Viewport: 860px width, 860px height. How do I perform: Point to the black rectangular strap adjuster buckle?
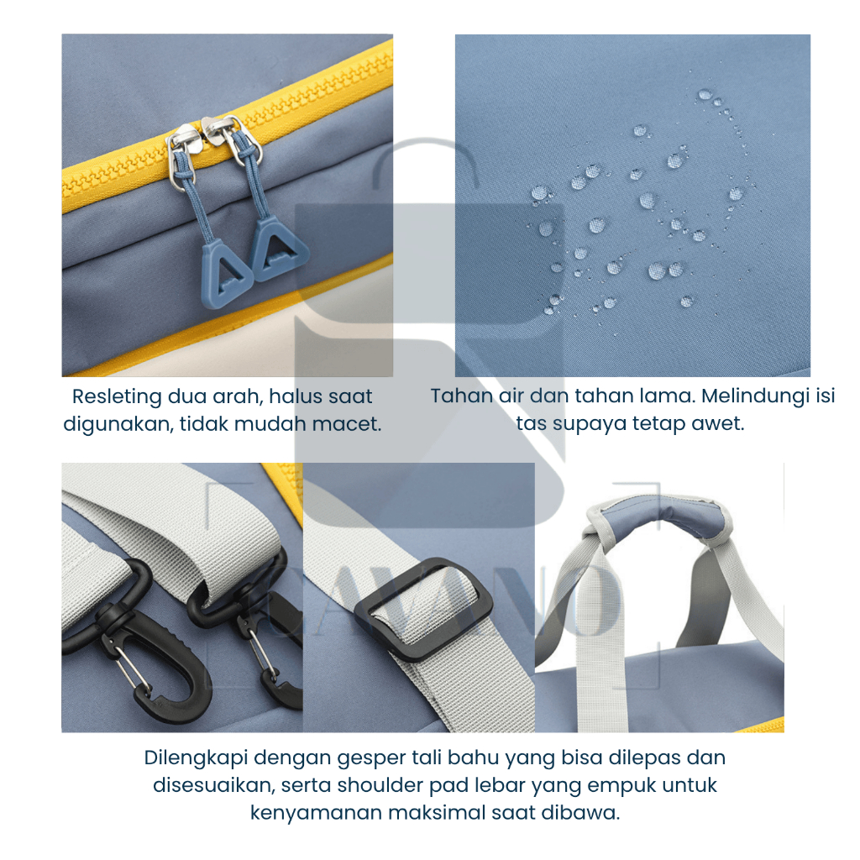tap(423, 608)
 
